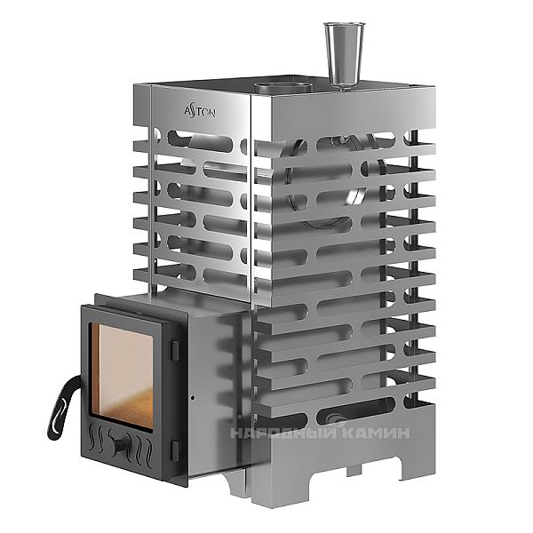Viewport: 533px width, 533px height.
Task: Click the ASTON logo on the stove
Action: tap(200, 112)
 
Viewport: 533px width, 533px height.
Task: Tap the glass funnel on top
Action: tap(344, 55)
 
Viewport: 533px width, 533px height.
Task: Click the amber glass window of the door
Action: tap(122, 375)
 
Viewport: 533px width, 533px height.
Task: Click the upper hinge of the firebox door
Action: tap(175, 351)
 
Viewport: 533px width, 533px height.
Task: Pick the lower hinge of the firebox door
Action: tap(175, 450)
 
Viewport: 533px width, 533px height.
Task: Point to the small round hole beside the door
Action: tap(193, 397)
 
